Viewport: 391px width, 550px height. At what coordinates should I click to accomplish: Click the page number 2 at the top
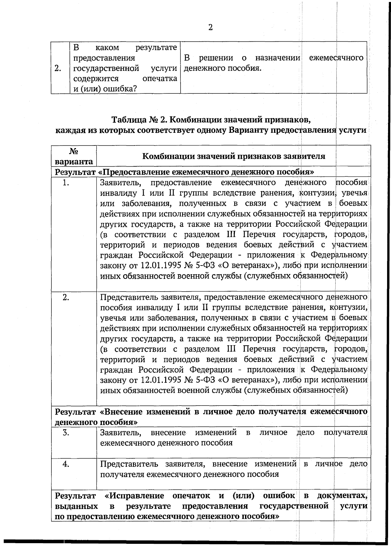tap(210, 27)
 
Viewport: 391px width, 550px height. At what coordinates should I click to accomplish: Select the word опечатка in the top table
tap(160, 78)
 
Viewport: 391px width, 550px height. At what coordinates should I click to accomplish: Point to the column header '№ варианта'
tap(74, 156)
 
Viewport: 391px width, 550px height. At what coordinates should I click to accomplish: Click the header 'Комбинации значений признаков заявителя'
tap(234, 156)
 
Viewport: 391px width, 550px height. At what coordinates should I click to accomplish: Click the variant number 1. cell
tap(66, 183)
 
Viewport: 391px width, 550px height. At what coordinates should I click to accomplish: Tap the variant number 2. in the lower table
tap(66, 297)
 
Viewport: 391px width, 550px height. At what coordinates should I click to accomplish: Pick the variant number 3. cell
tap(66, 433)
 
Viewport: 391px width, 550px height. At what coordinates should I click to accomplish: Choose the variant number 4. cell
tap(66, 464)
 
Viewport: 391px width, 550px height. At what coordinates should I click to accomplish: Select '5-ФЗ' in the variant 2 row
tap(204, 380)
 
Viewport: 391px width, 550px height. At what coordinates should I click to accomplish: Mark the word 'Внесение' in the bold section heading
tap(121, 412)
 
